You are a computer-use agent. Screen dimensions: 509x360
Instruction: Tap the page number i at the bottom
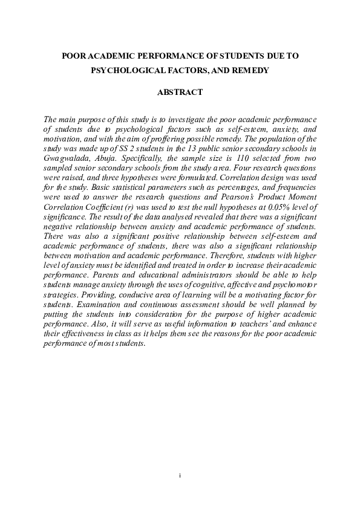tap(180, 476)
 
